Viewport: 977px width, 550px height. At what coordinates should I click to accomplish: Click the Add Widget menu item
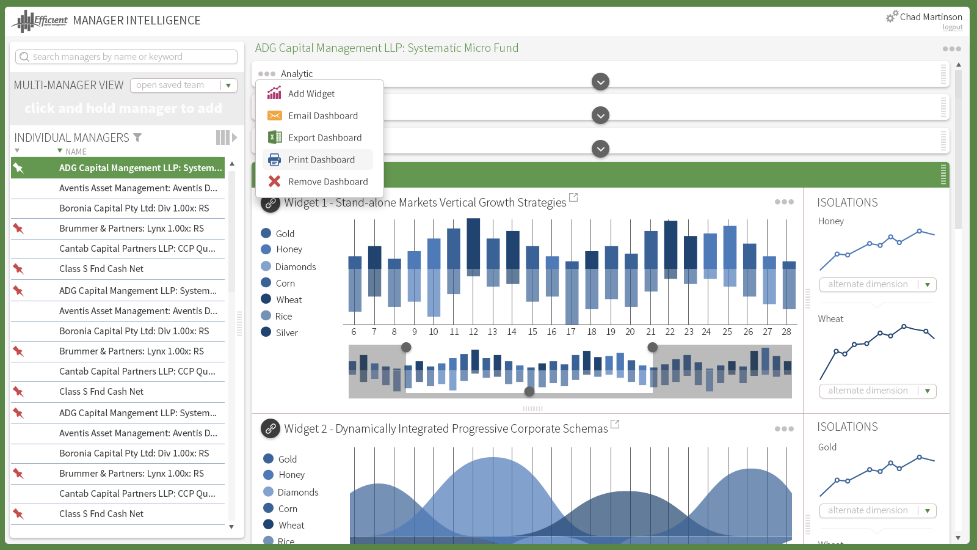(x=311, y=94)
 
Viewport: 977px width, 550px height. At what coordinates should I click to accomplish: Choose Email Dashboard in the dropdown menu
(x=323, y=116)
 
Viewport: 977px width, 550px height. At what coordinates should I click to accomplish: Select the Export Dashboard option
(x=324, y=137)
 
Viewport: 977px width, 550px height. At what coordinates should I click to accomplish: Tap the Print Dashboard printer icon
(x=274, y=159)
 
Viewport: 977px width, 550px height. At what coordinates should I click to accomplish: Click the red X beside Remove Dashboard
(x=274, y=181)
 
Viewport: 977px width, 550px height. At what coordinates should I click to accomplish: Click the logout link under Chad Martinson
(x=953, y=27)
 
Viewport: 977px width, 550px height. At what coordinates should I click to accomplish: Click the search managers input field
(x=126, y=57)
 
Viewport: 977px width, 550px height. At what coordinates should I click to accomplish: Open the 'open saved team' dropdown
(x=184, y=85)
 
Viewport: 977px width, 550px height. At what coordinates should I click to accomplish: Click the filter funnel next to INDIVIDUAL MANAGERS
(x=137, y=138)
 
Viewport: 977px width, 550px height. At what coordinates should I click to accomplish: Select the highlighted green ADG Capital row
(x=118, y=167)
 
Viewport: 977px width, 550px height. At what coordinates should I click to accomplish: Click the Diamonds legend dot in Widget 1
(x=266, y=266)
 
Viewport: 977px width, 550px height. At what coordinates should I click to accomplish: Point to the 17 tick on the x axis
(x=571, y=332)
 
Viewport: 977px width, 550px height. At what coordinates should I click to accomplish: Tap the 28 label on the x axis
(x=786, y=332)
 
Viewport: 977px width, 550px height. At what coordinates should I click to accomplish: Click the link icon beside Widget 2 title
(x=271, y=428)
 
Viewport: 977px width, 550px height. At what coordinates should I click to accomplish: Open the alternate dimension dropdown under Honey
(x=878, y=285)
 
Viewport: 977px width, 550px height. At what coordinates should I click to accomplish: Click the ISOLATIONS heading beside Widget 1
(x=847, y=202)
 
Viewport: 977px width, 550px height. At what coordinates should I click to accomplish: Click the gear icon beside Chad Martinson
(x=892, y=16)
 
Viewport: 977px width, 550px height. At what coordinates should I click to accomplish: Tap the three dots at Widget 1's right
(x=784, y=202)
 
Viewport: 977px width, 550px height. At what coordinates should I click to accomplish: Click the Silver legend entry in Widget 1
(x=279, y=332)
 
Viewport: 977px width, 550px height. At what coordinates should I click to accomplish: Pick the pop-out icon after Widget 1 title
(x=573, y=198)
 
